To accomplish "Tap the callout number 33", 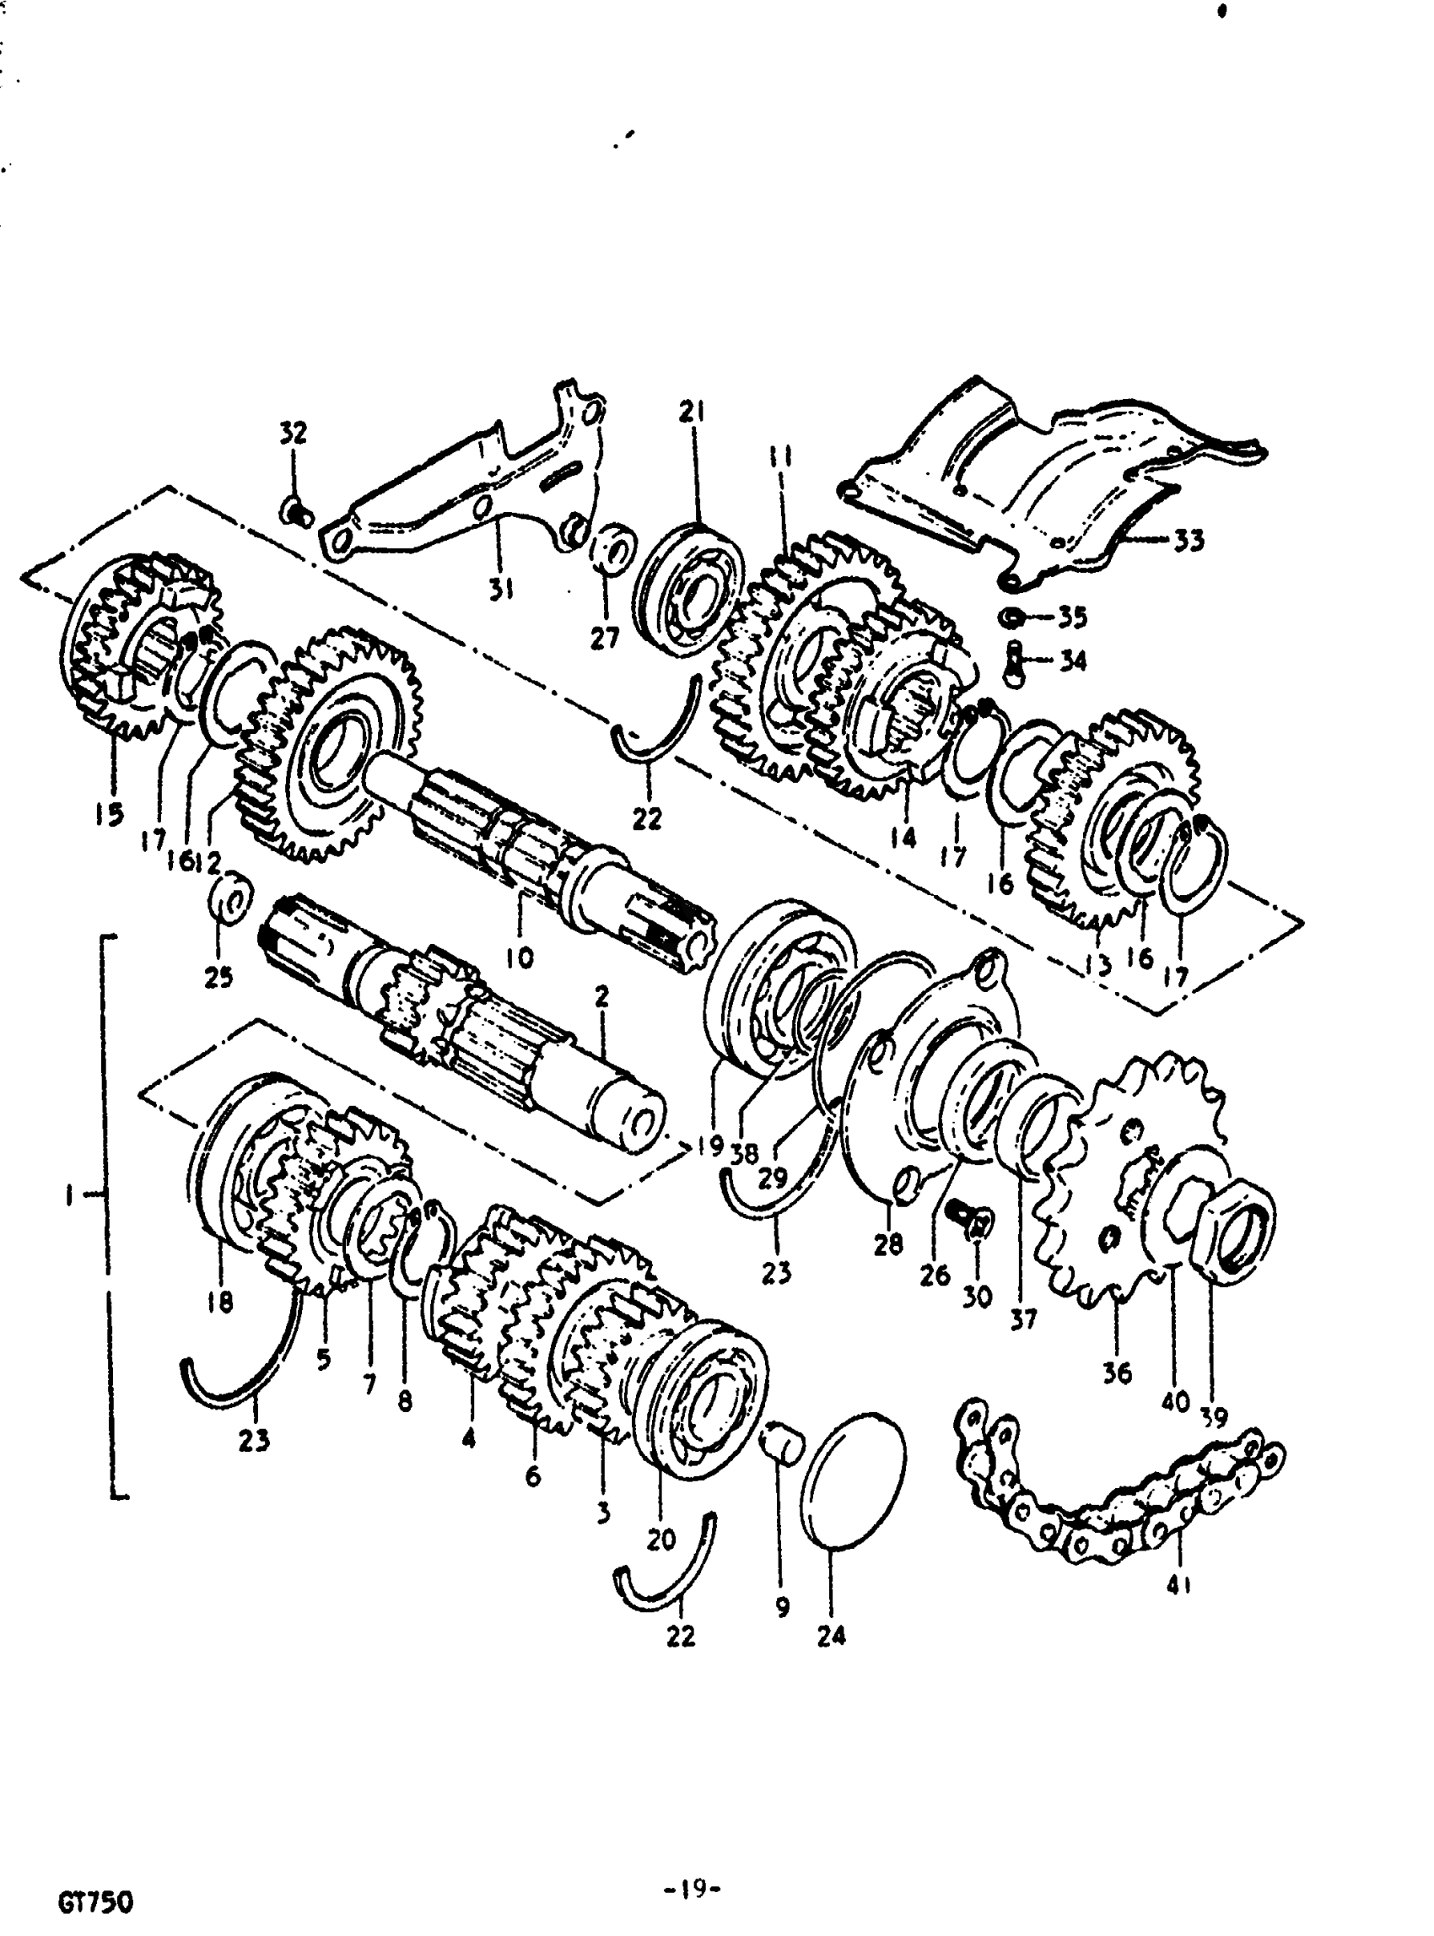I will (1189, 541).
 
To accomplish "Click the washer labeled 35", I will (1011, 617).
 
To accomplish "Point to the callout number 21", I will (691, 412).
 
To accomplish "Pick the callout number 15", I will (109, 813).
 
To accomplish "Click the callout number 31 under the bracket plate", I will (499, 590).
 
